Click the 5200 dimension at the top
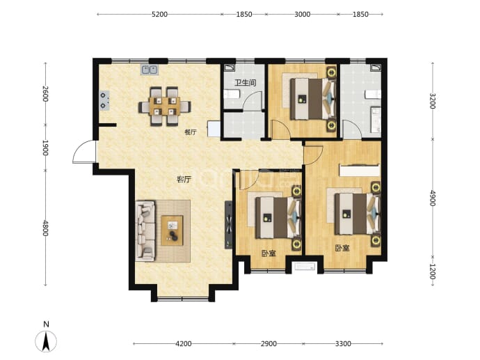click(x=159, y=15)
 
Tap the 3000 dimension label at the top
click(x=302, y=15)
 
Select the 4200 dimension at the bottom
click(x=184, y=344)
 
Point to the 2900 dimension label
click(x=269, y=344)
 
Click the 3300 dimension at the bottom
click(x=343, y=344)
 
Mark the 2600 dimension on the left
click(x=45, y=94)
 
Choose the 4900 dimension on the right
click(x=432, y=198)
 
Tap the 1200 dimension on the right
click(x=432, y=272)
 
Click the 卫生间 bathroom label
click(x=245, y=83)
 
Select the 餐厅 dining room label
click(x=191, y=132)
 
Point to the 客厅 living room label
click(x=184, y=179)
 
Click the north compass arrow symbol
click(x=46, y=341)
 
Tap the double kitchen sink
click(x=149, y=70)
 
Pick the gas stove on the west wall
click(x=104, y=100)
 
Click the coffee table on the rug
click(x=172, y=230)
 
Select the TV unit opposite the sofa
click(x=228, y=225)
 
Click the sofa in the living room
click(x=145, y=231)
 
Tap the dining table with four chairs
click(x=165, y=107)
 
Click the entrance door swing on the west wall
click(x=84, y=152)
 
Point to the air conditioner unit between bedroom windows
click(x=305, y=266)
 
